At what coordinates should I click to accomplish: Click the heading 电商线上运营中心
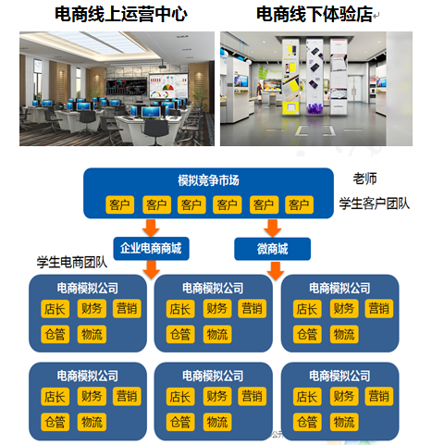pyautogui.click(x=121, y=14)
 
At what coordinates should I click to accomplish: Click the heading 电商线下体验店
pyautogui.click(x=315, y=14)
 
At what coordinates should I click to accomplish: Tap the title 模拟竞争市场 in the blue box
pyautogui.click(x=208, y=180)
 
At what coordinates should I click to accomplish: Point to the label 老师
pyautogui.click(x=364, y=179)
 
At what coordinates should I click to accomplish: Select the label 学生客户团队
pyautogui.click(x=375, y=204)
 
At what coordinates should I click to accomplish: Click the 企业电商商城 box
pyautogui.click(x=151, y=249)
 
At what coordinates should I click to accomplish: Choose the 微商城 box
pyautogui.click(x=273, y=249)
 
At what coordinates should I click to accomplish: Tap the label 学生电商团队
pyautogui.click(x=72, y=262)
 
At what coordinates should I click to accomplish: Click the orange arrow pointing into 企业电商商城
pyautogui.click(x=151, y=229)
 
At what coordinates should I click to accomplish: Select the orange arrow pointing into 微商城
pyautogui.click(x=273, y=229)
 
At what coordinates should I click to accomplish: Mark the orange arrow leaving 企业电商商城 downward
pyautogui.click(x=151, y=270)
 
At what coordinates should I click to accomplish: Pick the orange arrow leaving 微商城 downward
pyautogui.click(x=276, y=271)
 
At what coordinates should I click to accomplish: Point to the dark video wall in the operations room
pyautogui.click(x=127, y=87)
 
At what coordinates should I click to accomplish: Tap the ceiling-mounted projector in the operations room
pyautogui.click(x=163, y=65)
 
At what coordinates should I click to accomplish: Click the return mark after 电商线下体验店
pyautogui.click(x=376, y=16)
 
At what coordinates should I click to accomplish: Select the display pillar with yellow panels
pyautogui.click(x=290, y=76)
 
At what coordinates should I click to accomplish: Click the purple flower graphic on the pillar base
pyautogui.click(x=315, y=109)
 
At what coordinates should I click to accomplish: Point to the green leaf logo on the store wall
pyautogui.click(x=264, y=73)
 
